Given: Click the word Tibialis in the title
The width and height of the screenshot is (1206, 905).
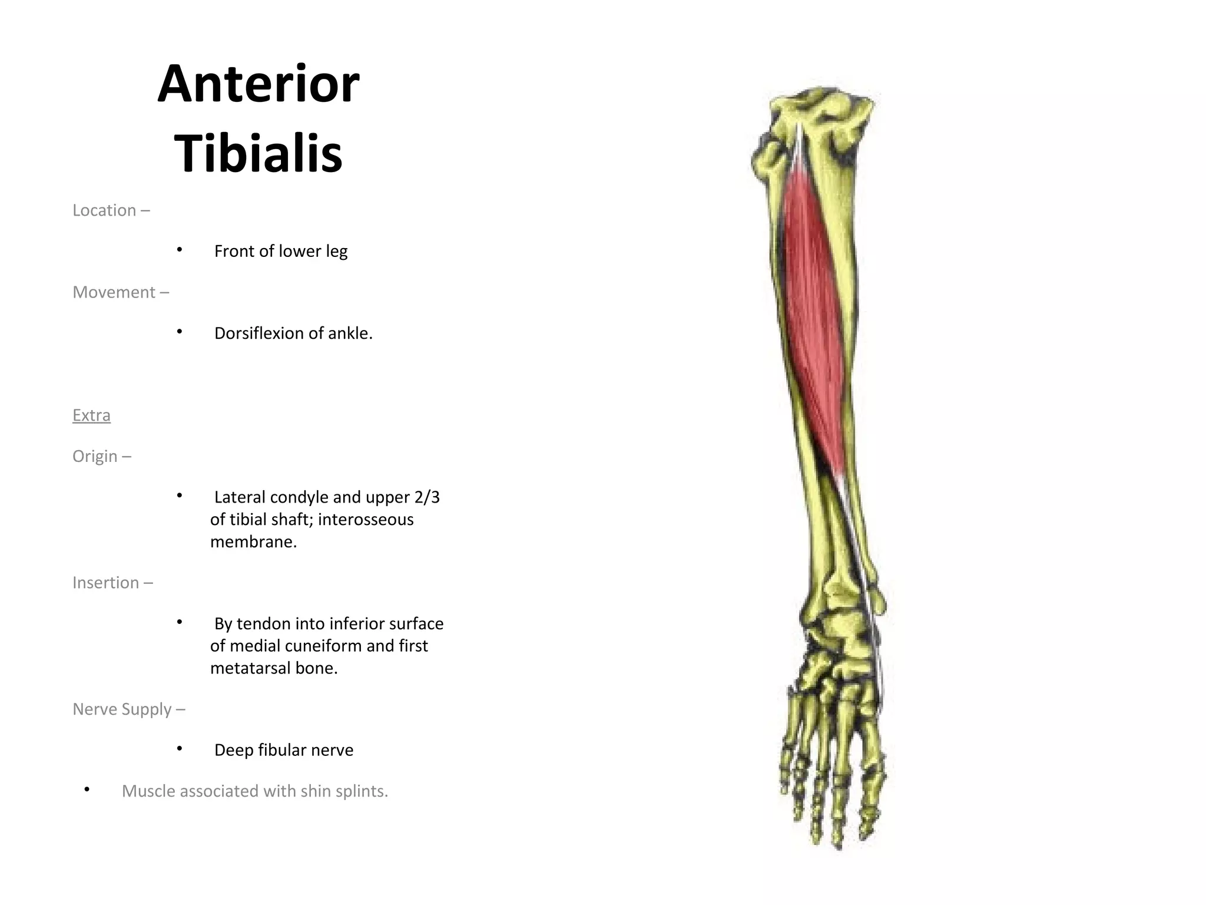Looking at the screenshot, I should tap(258, 153).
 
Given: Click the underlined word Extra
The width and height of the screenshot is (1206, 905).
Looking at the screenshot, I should tap(91, 415).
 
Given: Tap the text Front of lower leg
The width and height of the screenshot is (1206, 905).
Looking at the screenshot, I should tap(280, 252).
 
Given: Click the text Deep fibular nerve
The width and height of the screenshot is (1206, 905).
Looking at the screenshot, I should tap(283, 750).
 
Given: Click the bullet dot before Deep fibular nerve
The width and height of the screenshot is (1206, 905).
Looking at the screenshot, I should tap(180, 748).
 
